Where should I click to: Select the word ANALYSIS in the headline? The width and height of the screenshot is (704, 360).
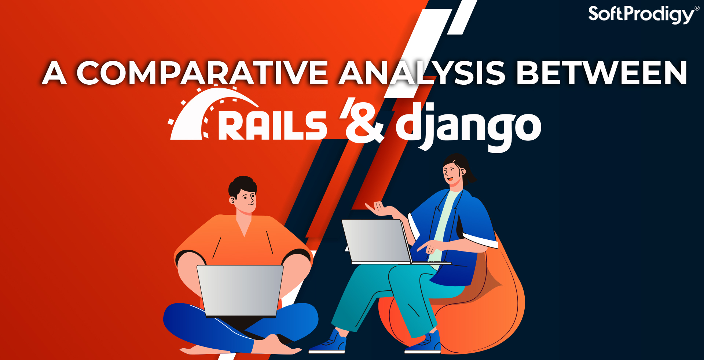click(x=422, y=73)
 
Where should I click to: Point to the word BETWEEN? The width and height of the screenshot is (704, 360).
click(x=601, y=73)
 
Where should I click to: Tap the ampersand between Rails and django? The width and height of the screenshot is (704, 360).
click(x=364, y=123)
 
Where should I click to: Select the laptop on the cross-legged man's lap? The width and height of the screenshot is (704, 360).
click(x=240, y=291)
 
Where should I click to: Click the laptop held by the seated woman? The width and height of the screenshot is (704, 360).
click(x=381, y=242)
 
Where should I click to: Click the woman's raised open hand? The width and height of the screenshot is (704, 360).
click(x=379, y=209)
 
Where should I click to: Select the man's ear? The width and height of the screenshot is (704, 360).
click(x=232, y=200)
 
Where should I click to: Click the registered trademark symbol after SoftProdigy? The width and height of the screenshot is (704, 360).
click(x=697, y=8)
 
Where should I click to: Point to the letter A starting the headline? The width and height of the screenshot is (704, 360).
click(x=54, y=73)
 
